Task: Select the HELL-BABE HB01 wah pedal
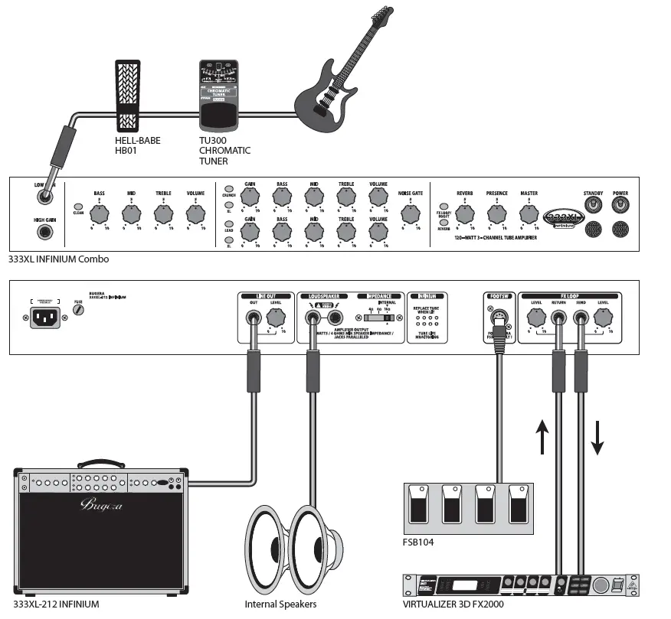pos(127,95)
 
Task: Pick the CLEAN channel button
pos(78,207)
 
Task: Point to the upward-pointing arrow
pos(542,436)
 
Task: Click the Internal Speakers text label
pos(280,604)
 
